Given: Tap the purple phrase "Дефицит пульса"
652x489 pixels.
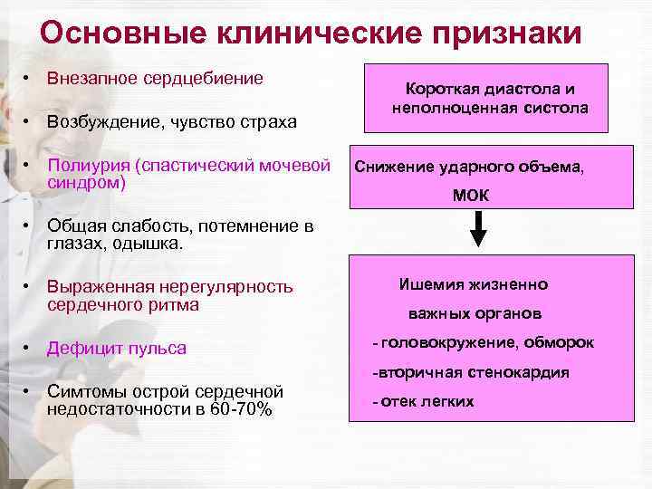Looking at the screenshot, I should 117,349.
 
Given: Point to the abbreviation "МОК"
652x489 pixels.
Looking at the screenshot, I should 471,196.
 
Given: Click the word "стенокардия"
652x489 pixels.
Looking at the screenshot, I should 520,372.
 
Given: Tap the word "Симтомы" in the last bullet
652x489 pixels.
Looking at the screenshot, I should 87,392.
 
